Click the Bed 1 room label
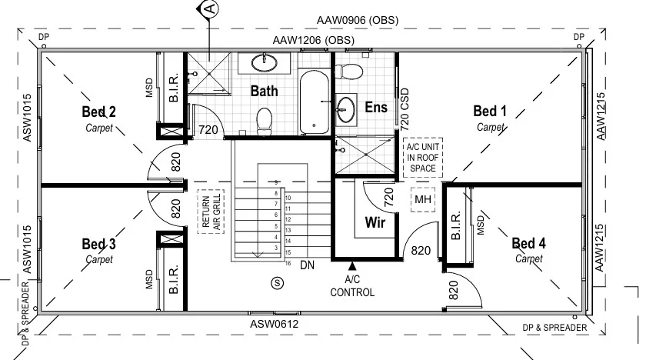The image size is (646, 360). [489, 112]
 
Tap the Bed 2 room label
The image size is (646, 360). [99, 112]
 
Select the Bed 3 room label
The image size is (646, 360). [99, 245]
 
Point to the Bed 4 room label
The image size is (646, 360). [529, 244]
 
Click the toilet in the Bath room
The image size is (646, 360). [265, 120]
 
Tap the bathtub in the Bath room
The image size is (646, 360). [313, 102]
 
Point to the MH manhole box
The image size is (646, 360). [423, 200]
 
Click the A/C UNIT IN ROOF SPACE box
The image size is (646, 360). [423, 156]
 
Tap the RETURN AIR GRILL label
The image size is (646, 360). [207, 211]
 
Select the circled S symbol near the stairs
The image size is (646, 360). [277, 283]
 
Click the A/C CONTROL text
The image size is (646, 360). [352, 287]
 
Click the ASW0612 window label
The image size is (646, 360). [275, 324]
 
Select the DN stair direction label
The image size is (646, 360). [307, 265]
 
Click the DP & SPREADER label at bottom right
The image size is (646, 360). [554, 328]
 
